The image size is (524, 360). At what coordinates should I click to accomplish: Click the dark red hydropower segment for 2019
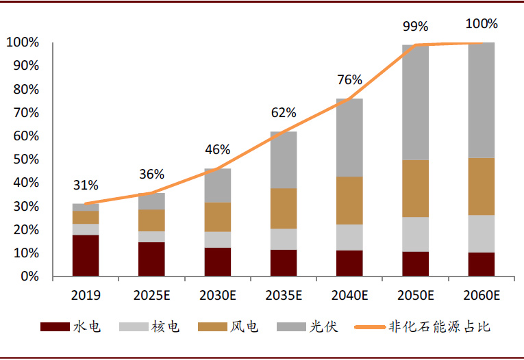click(x=86, y=255)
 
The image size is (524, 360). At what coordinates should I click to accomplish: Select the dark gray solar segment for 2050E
click(x=415, y=103)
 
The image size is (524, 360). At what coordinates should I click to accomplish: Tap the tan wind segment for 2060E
click(x=481, y=186)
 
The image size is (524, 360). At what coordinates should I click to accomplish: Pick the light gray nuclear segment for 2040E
click(x=349, y=237)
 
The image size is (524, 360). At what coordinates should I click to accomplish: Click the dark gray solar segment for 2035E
click(x=284, y=159)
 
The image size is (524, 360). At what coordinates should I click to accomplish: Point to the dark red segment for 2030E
click(x=218, y=261)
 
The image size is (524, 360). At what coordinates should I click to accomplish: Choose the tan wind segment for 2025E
click(x=151, y=220)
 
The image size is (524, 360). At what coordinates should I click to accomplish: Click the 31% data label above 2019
click(x=86, y=185)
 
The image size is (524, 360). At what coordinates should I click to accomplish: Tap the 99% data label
click(x=415, y=27)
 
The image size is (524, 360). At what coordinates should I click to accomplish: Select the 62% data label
click(x=284, y=113)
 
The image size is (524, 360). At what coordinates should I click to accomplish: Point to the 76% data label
click(x=349, y=80)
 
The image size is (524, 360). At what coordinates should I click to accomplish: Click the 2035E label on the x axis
click(x=284, y=296)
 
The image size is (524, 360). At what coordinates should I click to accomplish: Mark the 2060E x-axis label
click(x=481, y=296)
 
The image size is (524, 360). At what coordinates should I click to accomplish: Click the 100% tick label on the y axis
click(x=23, y=42)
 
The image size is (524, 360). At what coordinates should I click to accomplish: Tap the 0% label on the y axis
click(x=30, y=277)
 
